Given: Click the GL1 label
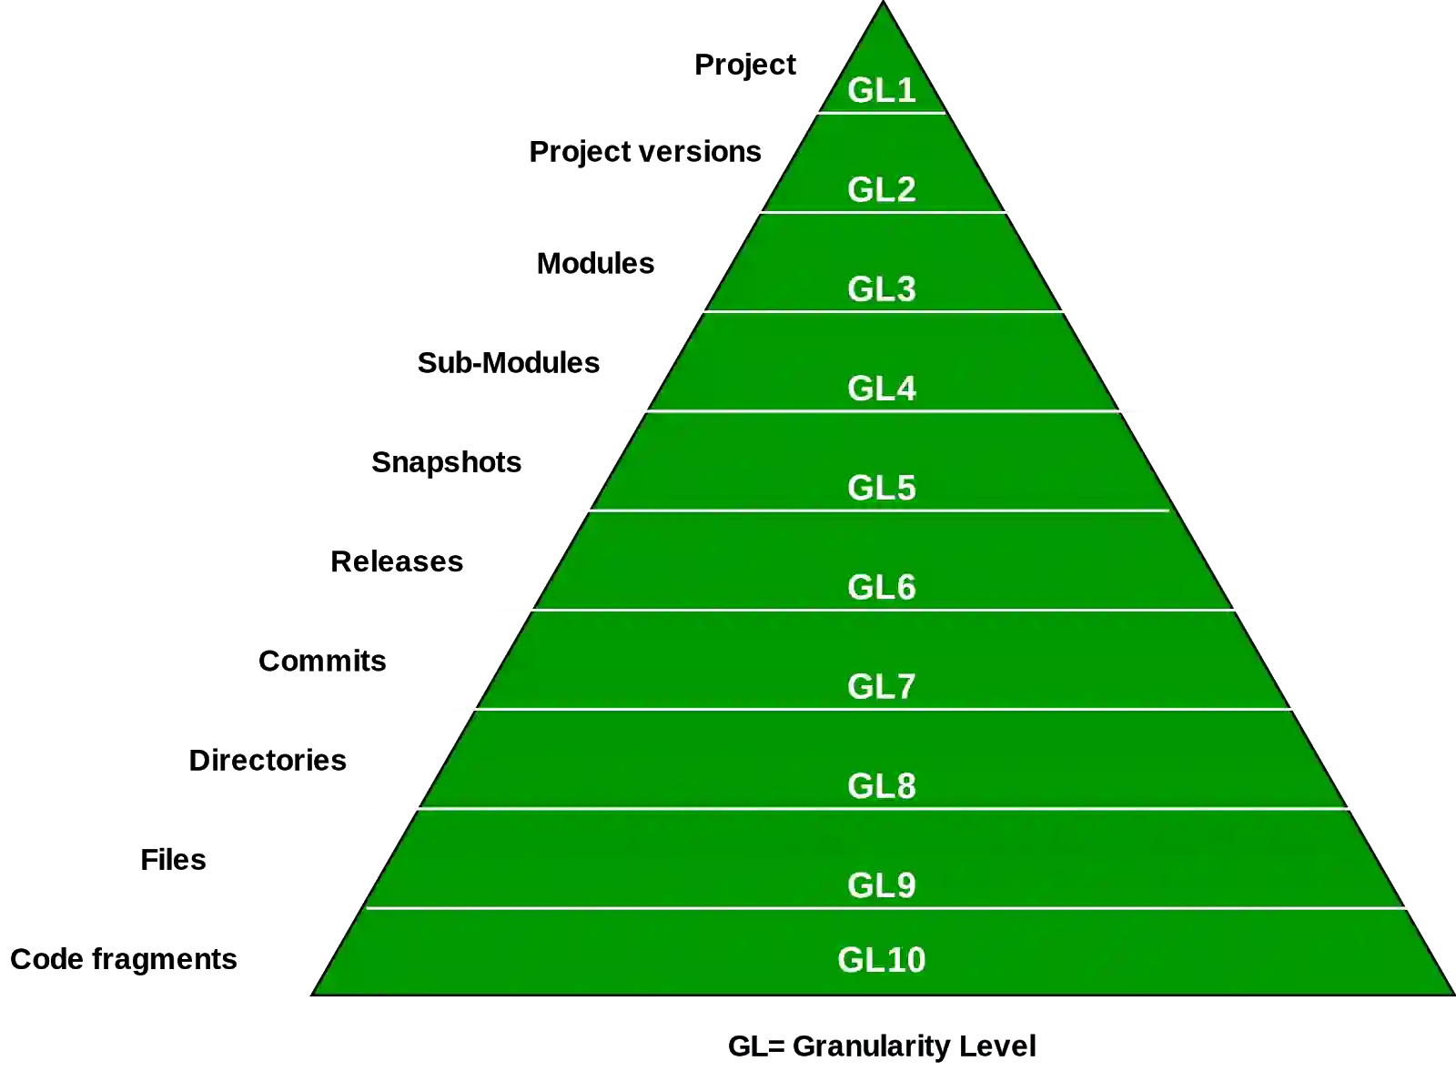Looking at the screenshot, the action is pos(881,90).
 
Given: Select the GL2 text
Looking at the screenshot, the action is pos(881,189).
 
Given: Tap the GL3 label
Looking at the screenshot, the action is pos(881,288).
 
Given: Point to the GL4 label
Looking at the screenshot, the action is pos(881,389).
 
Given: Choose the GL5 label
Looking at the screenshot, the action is pos(881,488).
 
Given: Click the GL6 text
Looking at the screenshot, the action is pos(881,587).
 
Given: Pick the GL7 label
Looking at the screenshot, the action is pos(881,686).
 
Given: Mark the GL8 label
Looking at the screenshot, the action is pos(881,785).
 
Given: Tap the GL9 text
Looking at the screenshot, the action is pos(881,884).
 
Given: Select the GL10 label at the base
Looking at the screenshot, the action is pos(881,960).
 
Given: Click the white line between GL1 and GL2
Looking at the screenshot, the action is pos(881,113).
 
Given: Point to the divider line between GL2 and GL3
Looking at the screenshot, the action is pos(881,213).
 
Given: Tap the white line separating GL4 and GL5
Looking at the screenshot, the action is pos(881,510).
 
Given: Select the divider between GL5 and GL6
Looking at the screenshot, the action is pos(881,610).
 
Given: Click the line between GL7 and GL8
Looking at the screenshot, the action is pos(881,808).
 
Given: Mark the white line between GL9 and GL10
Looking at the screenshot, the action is pos(881,907).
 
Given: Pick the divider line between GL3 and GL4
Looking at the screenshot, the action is pos(881,411).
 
